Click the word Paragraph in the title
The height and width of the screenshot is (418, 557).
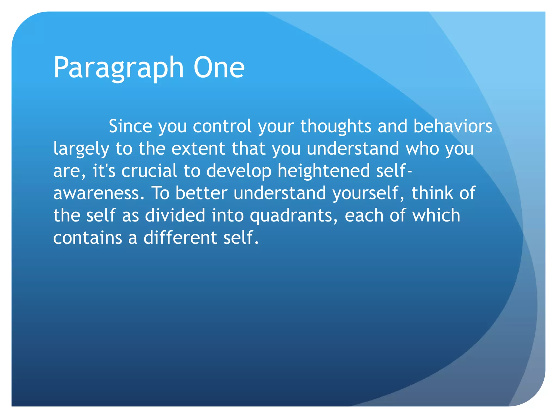(x=119, y=68)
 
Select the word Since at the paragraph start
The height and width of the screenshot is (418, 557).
(x=130, y=126)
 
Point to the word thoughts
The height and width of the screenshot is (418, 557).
(x=336, y=126)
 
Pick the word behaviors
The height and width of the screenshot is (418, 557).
(x=453, y=126)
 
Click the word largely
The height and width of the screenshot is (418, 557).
(x=81, y=149)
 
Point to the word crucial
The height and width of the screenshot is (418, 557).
(x=149, y=171)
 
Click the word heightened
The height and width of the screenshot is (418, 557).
(x=324, y=171)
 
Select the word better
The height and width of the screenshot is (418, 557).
(x=201, y=193)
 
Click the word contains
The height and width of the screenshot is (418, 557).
(x=87, y=238)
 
